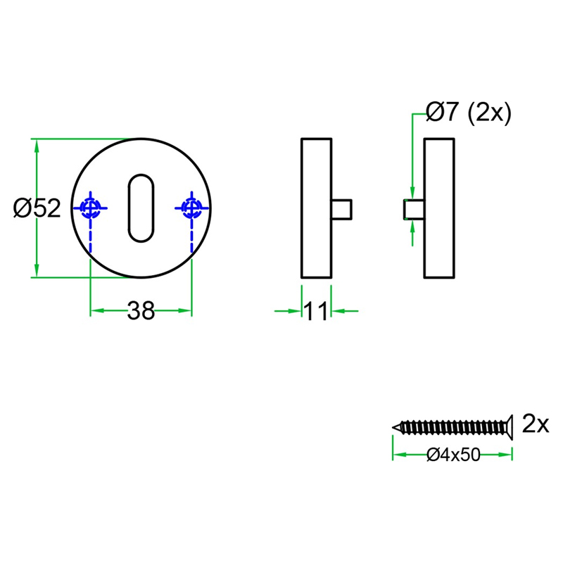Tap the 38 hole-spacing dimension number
[141, 310]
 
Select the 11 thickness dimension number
[317, 310]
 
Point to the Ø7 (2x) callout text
[468, 112]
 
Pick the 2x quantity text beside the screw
[535, 424]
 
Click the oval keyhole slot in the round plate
[141, 208]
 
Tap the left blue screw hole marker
[90, 208]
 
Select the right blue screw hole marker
[191, 208]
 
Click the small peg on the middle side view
[341, 209]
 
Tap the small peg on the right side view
[413, 209]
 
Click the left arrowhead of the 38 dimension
[96, 310]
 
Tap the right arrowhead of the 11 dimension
[336, 310]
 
